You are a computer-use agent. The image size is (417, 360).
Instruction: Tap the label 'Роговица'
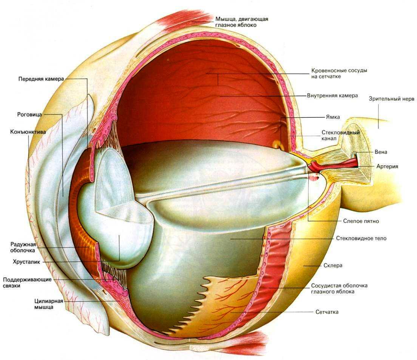[x=29, y=114]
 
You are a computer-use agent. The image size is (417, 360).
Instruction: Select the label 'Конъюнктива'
[x=28, y=132]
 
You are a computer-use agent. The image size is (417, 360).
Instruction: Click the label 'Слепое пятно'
[x=361, y=221]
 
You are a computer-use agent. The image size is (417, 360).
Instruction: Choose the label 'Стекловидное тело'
[x=361, y=238]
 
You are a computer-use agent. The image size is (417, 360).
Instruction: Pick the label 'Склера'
[x=333, y=265]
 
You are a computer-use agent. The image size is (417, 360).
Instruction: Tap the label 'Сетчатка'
[x=327, y=312]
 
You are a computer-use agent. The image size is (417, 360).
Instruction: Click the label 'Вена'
[x=381, y=152]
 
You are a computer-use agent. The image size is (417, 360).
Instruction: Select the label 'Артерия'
[x=387, y=166]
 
